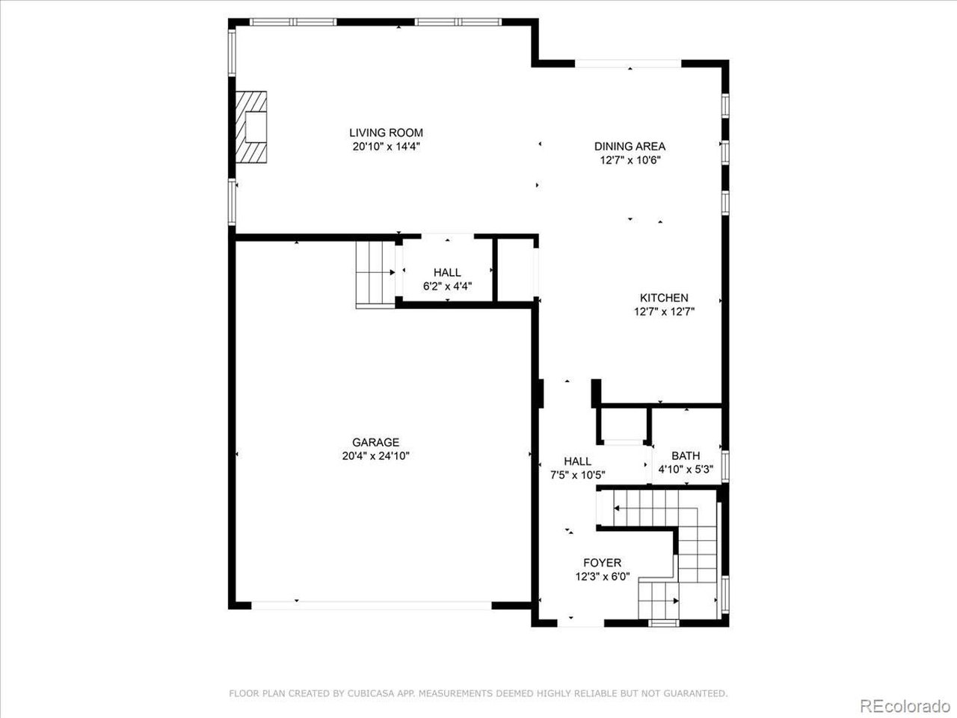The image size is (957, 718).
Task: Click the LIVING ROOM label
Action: click(386, 133)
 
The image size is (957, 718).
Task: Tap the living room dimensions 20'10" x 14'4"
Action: click(386, 147)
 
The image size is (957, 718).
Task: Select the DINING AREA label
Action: click(630, 147)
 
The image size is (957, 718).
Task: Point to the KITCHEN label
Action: click(664, 298)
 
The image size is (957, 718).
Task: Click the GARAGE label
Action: click(375, 442)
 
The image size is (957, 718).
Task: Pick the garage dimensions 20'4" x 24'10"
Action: click(375, 455)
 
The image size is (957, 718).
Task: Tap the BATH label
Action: click(686, 455)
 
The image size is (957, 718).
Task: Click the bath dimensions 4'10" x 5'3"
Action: click(686, 470)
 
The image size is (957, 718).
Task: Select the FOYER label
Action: click(602, 562)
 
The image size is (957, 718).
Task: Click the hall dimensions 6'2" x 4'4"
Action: click(447, 286)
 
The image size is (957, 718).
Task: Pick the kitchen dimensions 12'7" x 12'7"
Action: click(664, 312)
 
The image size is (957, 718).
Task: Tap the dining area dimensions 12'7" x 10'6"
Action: click(630, 160)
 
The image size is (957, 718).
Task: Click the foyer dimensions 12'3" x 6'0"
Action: click(602, 577)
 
